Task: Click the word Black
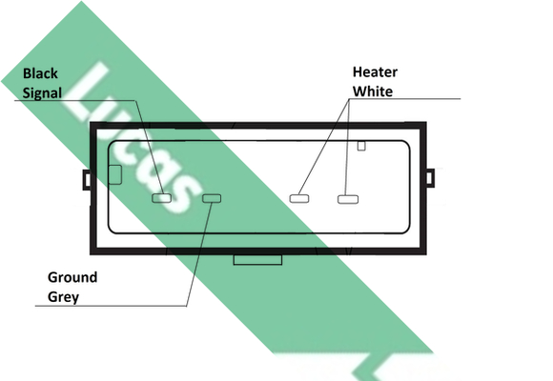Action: (x=40, y=73)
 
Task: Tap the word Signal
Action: (x=42, y=93)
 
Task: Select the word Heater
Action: (x=375, y=71)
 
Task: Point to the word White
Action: (x=373, y=91)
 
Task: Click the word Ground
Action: (x=72, y=277)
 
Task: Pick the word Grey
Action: (x=63, y=297)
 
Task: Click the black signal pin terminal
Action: (x=161, y=198)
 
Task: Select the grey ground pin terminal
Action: (x=212, y=198)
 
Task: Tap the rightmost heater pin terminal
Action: (x=348, y=199)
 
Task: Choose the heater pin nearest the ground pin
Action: (x=299, y=199)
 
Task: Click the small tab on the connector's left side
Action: (x=87, y=180)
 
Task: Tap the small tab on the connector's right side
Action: (x=430, y=178)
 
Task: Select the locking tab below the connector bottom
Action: (x=257, y=259)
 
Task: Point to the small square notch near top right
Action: (x=361, y=146)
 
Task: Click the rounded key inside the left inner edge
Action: (x=115, y=175)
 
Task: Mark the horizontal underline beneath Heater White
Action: (x=405, y=99)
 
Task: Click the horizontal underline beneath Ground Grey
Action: (x=111, y=306)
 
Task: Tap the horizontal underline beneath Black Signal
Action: (x=74, y=100)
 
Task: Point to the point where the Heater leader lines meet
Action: (x=350, y=99)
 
